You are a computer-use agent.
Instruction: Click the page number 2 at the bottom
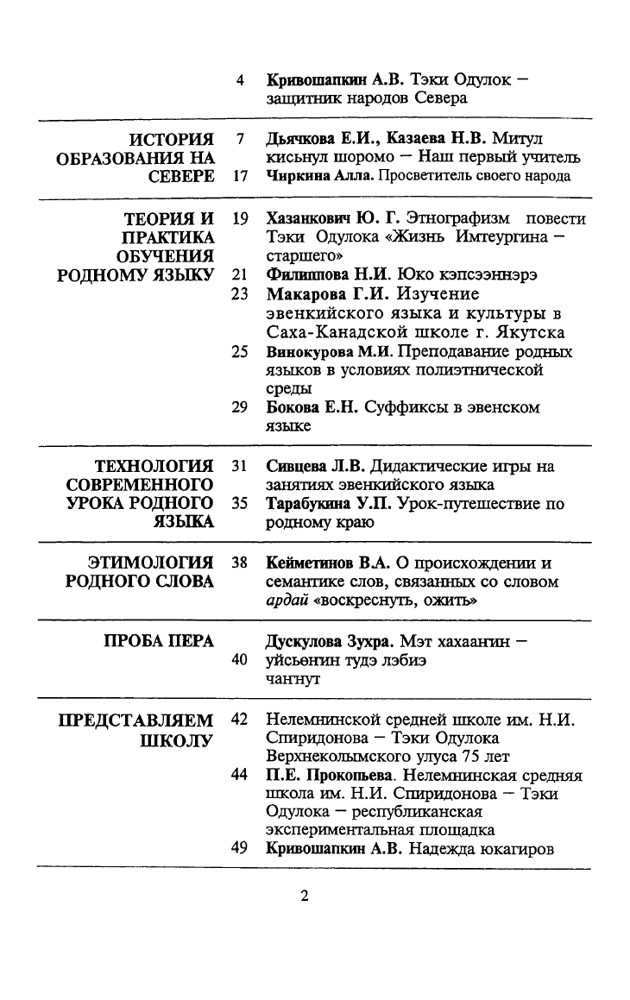pos(304,895)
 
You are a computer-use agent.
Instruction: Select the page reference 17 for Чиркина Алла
pos(241,176)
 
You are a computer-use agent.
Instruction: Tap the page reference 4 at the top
pos(240,80)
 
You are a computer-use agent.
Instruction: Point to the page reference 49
pos(241,848)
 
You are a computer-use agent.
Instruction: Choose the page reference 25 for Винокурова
pos(241,352)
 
